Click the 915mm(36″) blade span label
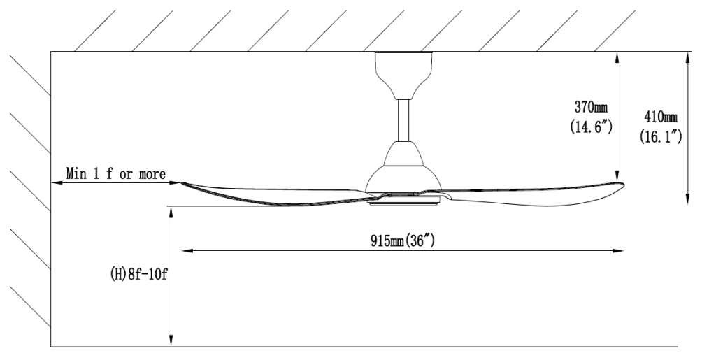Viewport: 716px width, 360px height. (404, 240)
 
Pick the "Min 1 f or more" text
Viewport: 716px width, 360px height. (116, 173)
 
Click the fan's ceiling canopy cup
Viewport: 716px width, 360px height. (403, 74)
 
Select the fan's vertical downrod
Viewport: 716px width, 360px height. (403, 119)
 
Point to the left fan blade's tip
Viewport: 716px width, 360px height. (183, 184)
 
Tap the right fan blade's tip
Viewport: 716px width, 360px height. (620, 185)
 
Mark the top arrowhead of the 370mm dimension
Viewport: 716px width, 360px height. (617, 56)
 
